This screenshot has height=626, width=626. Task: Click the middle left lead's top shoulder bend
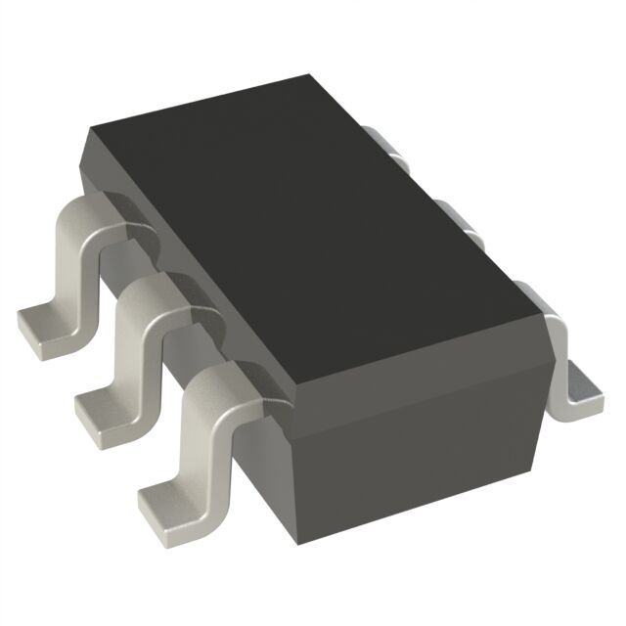[x=156, y=293]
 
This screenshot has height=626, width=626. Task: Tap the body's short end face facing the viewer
[x=421, y=430]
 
